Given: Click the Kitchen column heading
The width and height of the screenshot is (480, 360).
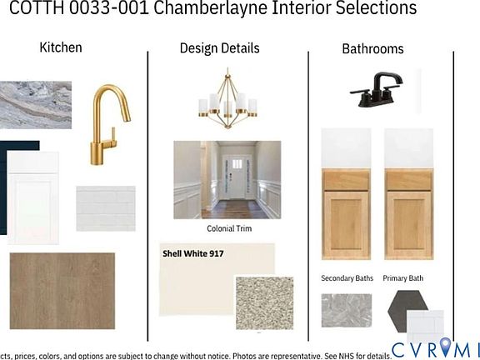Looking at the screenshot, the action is (61, 47).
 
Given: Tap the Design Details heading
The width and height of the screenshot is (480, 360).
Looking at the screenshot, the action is (219, 48).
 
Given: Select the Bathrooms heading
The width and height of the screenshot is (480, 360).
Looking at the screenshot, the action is (372, 49).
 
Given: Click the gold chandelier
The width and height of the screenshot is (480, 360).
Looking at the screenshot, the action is (227, 101).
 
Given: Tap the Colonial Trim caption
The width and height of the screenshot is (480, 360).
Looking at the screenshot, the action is (229, 228).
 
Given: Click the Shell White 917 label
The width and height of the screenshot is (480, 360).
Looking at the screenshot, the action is (193, 253).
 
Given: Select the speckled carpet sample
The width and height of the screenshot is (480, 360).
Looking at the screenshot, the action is (264, 303).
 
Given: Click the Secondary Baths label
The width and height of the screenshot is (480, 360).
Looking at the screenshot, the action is (347, 278).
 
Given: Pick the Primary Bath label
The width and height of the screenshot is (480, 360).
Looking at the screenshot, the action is (402, 278).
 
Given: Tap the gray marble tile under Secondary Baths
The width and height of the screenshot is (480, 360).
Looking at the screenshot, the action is (347, 310).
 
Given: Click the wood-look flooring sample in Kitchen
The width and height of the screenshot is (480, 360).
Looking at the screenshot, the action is (62, 291).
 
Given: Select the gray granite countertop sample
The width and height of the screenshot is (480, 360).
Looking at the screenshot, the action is (36, 105).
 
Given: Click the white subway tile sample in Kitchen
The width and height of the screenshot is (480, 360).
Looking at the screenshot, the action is (106, 208).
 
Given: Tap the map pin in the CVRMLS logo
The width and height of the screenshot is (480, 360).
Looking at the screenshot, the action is (446, 347).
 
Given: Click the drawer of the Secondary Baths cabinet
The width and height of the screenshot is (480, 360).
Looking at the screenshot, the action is (346, 180).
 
